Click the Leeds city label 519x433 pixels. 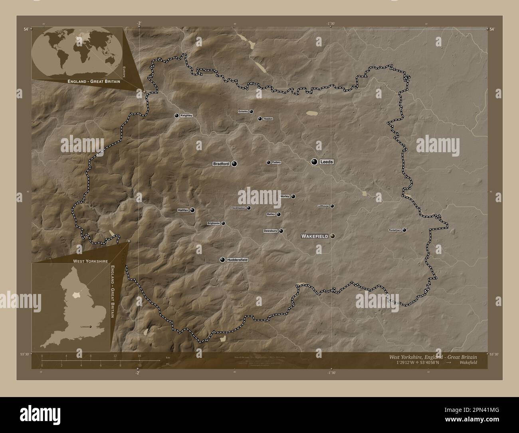coord(326,162)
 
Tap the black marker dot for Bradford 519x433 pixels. coord(234,163)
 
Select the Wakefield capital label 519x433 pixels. coord(315,236)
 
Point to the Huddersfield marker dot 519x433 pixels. coord(222,260)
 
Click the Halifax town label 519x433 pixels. coord(182,210)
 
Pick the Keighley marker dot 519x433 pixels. coord(176,115)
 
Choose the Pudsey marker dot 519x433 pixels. coord(268,162)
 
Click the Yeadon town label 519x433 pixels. coord(268,119)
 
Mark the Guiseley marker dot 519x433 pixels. coord(252,111)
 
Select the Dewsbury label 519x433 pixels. coord(270,231)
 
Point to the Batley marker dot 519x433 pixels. coord(279,215)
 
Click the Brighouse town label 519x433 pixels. coord(214,223)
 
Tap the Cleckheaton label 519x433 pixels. coord(238,208)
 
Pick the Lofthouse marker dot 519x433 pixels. coord(332,206)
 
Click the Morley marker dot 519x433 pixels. coord(293,197)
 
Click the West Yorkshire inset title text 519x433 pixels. coord(90,261)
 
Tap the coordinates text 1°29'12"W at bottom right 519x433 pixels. coord(408,363)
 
